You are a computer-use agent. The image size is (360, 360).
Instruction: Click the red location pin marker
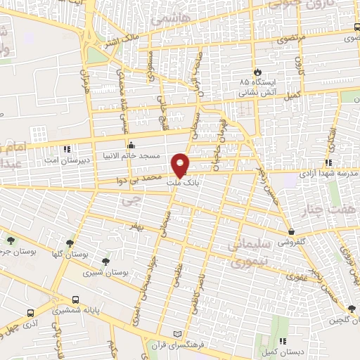pos(181,165)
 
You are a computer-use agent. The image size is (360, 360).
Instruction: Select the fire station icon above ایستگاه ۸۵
pos(258,72)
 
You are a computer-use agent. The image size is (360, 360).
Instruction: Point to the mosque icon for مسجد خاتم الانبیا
pos(131,145)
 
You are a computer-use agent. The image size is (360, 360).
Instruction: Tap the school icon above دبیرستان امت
pos(66,149)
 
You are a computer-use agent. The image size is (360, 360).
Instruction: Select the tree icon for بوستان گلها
pos(69,243)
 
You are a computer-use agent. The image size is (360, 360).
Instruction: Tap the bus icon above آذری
pos(29,313)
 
